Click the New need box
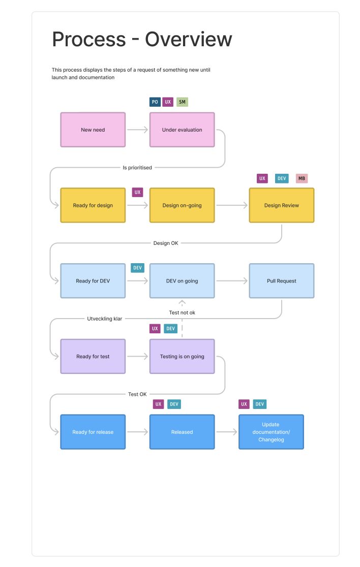point(93,130)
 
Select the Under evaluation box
point(182,130)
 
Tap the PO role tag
point(155,102)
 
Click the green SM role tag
point(182,102)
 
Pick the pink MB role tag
point(302,178)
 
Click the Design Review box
point(281,205)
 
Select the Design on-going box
point(182,205)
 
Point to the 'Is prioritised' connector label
point(137,167)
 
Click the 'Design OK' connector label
point(166,243)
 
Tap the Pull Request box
point(281,280)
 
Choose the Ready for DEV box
point(93,280)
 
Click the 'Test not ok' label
point(182,312)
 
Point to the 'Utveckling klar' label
point(105,319)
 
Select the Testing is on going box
point(182,356)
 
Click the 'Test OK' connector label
point(137,394)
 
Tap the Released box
point(182,432)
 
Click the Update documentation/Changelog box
point(271,432)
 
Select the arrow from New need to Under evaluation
point(137,130)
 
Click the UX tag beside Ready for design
point(137,192)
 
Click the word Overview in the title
point(189,40)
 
